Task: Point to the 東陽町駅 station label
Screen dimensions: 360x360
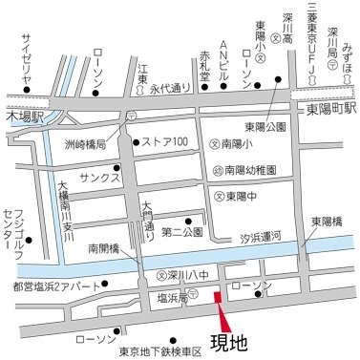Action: point(324,108)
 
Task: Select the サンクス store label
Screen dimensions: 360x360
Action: point(98,179)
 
